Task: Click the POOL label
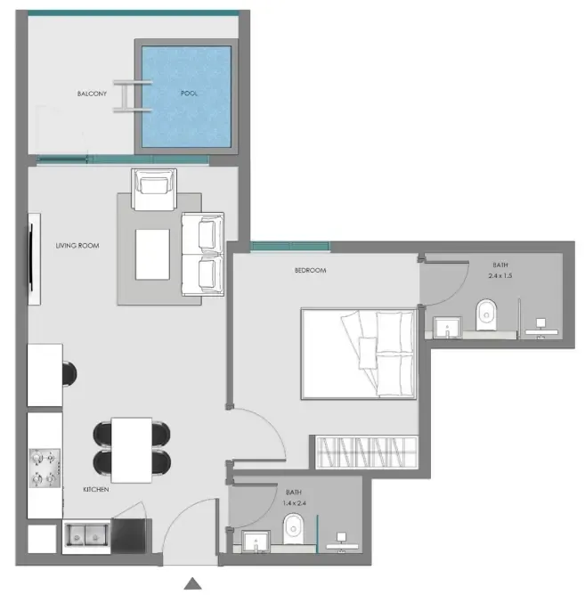pos(189,93)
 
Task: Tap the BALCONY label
pos(92,94)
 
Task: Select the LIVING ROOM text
pos(77,246)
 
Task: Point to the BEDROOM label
pos(311,270)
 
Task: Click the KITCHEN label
pos(96,490)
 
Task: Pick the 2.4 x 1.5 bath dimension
pos(500,275)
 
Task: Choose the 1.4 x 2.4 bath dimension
pos(294,502)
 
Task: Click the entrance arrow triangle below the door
pos(192,583)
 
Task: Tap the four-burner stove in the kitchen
pos(45,469)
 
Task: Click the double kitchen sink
pos(86,535)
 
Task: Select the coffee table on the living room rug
pos(152,254)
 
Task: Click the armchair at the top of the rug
pos(154,189)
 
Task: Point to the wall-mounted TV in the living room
pos(33,259)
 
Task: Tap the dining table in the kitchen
pos(132,450)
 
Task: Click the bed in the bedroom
pos(359,354)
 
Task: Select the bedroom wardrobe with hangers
pos(367,452)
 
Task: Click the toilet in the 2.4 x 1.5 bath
pos(486,314)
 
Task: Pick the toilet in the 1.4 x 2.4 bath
pos(293,528)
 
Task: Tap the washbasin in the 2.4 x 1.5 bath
pos(447,327)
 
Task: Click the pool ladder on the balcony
pos(133,96)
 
